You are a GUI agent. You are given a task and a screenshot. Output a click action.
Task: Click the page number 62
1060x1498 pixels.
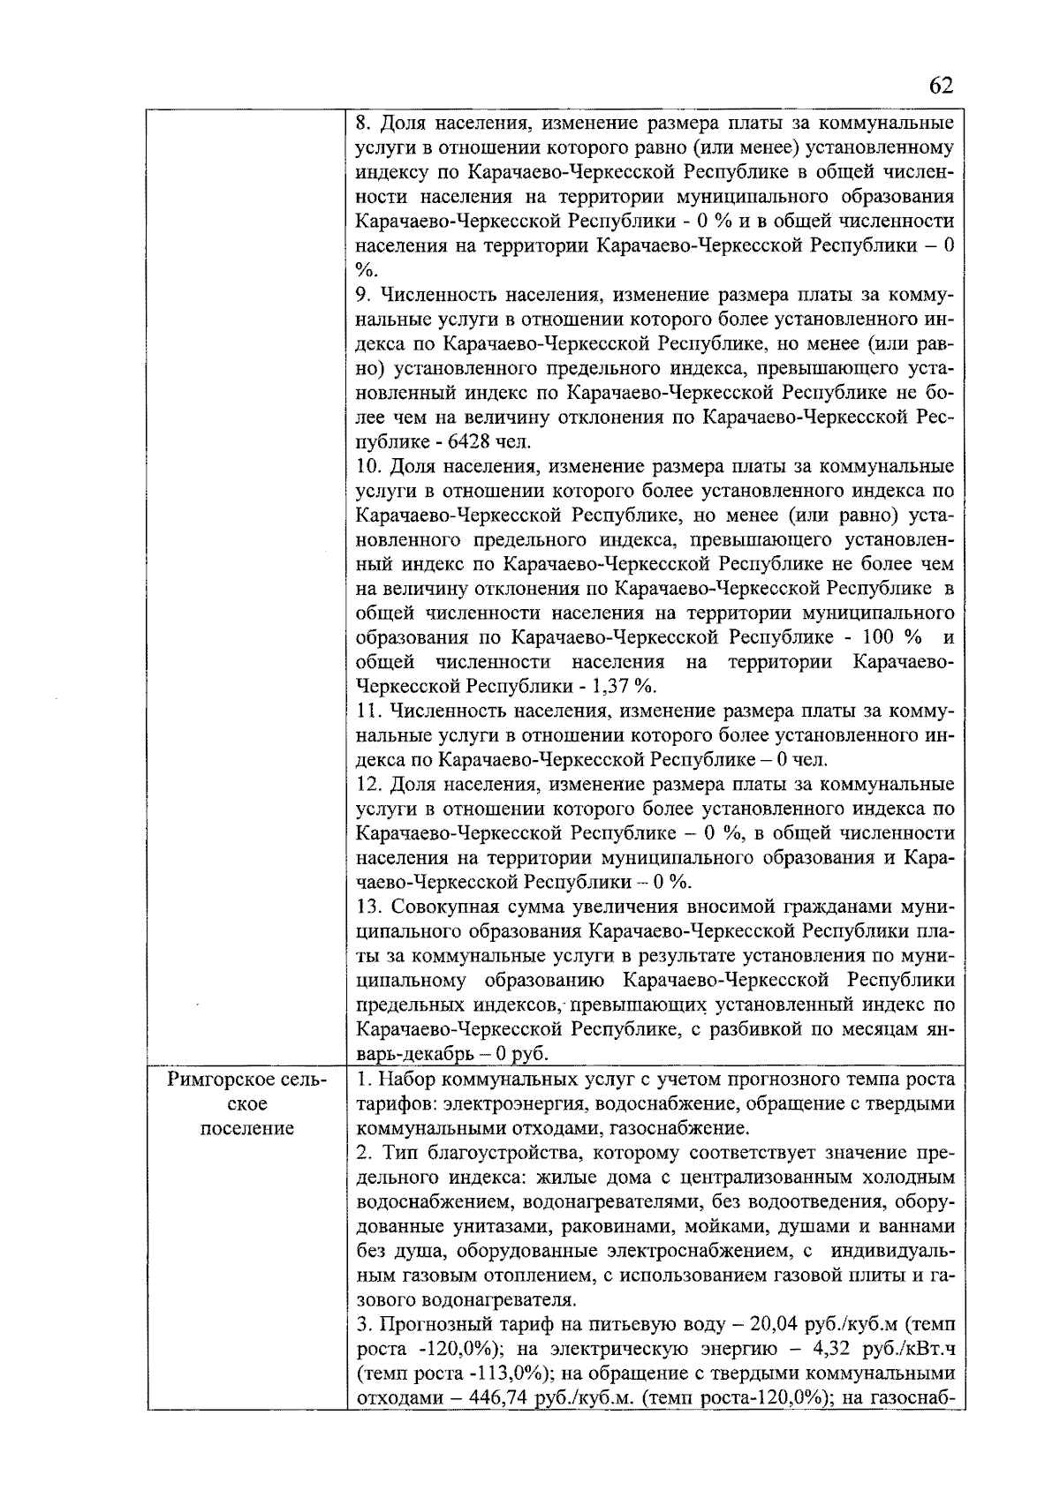pyautogui.click(x=941, y=85)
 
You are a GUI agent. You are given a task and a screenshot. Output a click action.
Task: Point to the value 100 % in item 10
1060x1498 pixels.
pyautogui.click(x=889, y=637)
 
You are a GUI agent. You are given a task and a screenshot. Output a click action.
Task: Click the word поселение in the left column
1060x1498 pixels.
pyautogui.click(x=246, y=1128)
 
